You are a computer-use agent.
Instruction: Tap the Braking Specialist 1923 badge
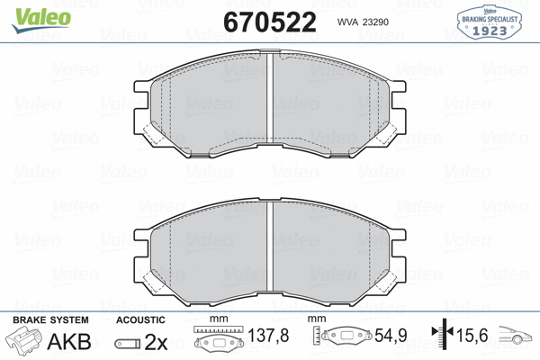click(x=492, y=21)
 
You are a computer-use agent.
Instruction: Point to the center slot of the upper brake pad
click(x=271, y=100)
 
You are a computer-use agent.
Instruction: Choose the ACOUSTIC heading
click(x=141, y=320)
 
